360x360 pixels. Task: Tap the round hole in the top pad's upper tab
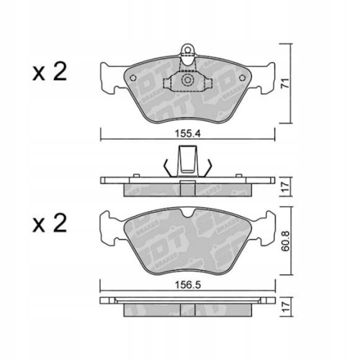188,51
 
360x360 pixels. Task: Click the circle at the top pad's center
188,81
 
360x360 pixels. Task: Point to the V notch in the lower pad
187,213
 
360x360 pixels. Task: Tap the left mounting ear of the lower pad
109,230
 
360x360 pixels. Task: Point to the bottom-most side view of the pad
187,306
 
